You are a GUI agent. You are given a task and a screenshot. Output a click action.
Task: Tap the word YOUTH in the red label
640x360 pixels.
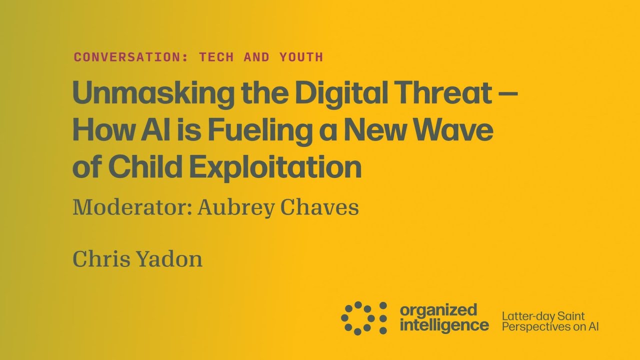pos(301,57)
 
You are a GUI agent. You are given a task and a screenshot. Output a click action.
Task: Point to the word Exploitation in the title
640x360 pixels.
pos(275,168)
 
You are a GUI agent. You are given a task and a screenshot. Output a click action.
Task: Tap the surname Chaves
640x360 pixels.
pos(319,207)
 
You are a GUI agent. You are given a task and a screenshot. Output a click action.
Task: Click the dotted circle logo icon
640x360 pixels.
pos(364,318)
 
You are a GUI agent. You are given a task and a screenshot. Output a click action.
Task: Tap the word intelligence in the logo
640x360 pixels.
pos(444,325)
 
